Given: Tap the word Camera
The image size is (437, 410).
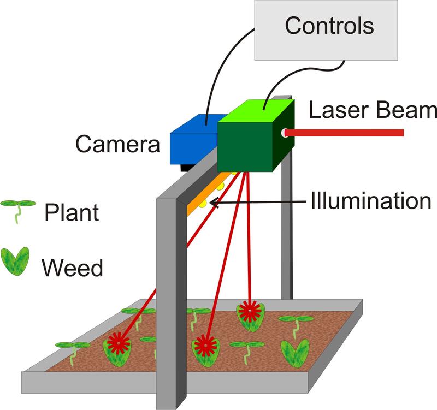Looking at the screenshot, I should [x=117, y=144].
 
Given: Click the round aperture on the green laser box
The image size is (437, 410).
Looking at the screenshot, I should [x=284, y=133].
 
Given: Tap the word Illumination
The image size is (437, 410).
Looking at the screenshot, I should [x=371, y=201].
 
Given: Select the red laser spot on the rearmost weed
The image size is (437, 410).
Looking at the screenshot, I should [x=250, y=312].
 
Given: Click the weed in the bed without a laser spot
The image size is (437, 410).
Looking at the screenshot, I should [x=295, y=352].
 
